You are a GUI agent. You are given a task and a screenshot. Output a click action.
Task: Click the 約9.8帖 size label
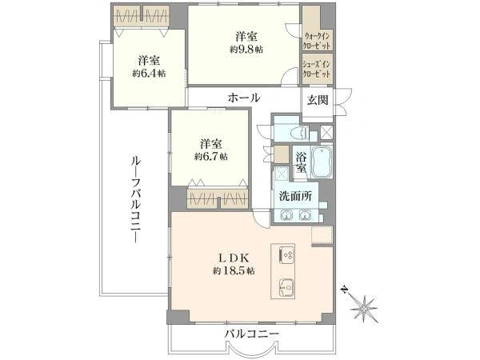point(246,50)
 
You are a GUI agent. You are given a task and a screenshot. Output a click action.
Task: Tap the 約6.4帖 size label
point(149,74)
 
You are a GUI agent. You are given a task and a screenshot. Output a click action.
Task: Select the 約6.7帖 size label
point(211,157)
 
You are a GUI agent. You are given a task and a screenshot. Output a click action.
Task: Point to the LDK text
point(234,258)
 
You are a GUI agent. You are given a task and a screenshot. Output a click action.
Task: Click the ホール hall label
point(244,98)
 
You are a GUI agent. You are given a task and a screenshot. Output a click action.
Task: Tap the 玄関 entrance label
point(318,100)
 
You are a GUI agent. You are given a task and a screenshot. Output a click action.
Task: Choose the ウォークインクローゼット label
point(317,41)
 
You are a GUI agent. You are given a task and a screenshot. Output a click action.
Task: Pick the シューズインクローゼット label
point(317,70)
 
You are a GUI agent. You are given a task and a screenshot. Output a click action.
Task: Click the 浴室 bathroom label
point(301,162)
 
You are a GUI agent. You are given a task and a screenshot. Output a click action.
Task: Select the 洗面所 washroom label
point(295,197)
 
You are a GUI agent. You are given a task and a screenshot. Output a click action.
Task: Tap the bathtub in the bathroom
point(321,162)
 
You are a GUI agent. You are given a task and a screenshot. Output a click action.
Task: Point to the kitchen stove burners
point(286,255)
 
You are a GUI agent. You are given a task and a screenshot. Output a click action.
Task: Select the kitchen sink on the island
point(286,287)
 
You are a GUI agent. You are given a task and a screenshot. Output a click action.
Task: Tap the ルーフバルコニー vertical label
point(135,199)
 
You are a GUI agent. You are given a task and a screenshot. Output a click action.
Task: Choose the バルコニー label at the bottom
point(252,334)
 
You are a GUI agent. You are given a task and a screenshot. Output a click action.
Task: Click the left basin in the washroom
point(286,215)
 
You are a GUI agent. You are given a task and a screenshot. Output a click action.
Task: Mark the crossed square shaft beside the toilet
point(326,133)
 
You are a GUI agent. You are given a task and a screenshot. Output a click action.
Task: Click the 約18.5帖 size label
point(234,270)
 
